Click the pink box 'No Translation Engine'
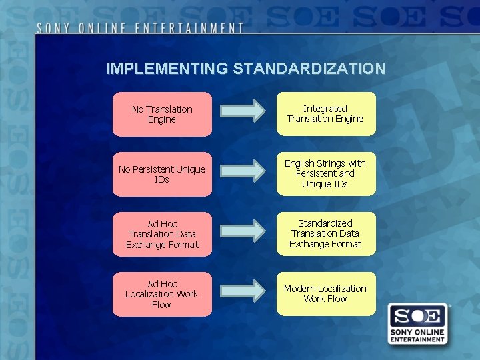click(x=162, y=114)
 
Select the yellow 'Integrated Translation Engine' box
click(x=325, y=114)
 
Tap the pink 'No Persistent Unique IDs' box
click(x=162, y=174)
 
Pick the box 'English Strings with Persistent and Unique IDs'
click(x=325, y=173)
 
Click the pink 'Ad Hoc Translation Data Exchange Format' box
click(x=162, y=234)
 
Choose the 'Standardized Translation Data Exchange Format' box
click(x=325, y=233)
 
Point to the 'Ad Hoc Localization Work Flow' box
click(x=162, y=294)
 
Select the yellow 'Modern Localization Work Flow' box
click(x=325, y=293)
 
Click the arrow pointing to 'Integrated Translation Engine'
click(x=243, y=111)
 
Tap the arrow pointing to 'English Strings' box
click(x=243, y=171)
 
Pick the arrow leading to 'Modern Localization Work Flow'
click(x=243, y=290)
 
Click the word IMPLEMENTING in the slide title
click(x=167, y=69)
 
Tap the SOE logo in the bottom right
click(x=417, y=324)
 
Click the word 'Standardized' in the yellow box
click(x=325, y=223)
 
